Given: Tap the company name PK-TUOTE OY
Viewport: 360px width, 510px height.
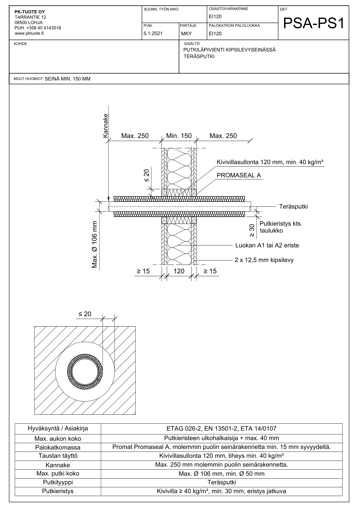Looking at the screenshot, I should pos(30,12).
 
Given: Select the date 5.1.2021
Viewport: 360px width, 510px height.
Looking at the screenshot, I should pos(153,33).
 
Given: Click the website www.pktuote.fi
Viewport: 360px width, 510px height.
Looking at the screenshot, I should pos(29,33).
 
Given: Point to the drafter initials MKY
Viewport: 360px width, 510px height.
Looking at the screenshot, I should pos(186,33).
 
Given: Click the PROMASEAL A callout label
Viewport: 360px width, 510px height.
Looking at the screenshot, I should pos(239,175).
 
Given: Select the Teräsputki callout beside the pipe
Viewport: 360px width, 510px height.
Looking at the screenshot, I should pos(293,207).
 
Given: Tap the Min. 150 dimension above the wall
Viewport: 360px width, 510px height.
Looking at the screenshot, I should pos(179,136).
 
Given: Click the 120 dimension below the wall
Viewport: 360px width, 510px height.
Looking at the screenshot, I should pos(179,271).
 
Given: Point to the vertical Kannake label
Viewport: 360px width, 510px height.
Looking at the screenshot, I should pos(105,125).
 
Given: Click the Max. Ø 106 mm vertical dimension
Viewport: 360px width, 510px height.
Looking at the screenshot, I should pos(95,244).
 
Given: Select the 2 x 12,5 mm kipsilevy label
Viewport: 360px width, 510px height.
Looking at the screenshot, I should pos(264,260).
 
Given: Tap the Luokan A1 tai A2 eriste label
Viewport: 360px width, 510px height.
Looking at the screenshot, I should pos(267,245).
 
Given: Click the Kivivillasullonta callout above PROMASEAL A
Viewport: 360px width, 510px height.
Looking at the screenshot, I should pos(270,162).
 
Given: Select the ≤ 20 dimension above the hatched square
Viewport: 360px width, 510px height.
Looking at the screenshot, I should pos(85,314).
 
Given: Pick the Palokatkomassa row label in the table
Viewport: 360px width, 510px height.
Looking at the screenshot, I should pos(58,447).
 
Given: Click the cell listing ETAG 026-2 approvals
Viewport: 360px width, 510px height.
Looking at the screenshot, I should pos(221,428).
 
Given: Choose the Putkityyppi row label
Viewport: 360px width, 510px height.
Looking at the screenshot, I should pos(58,482).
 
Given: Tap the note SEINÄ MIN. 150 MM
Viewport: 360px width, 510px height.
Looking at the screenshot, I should pos(68,79).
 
